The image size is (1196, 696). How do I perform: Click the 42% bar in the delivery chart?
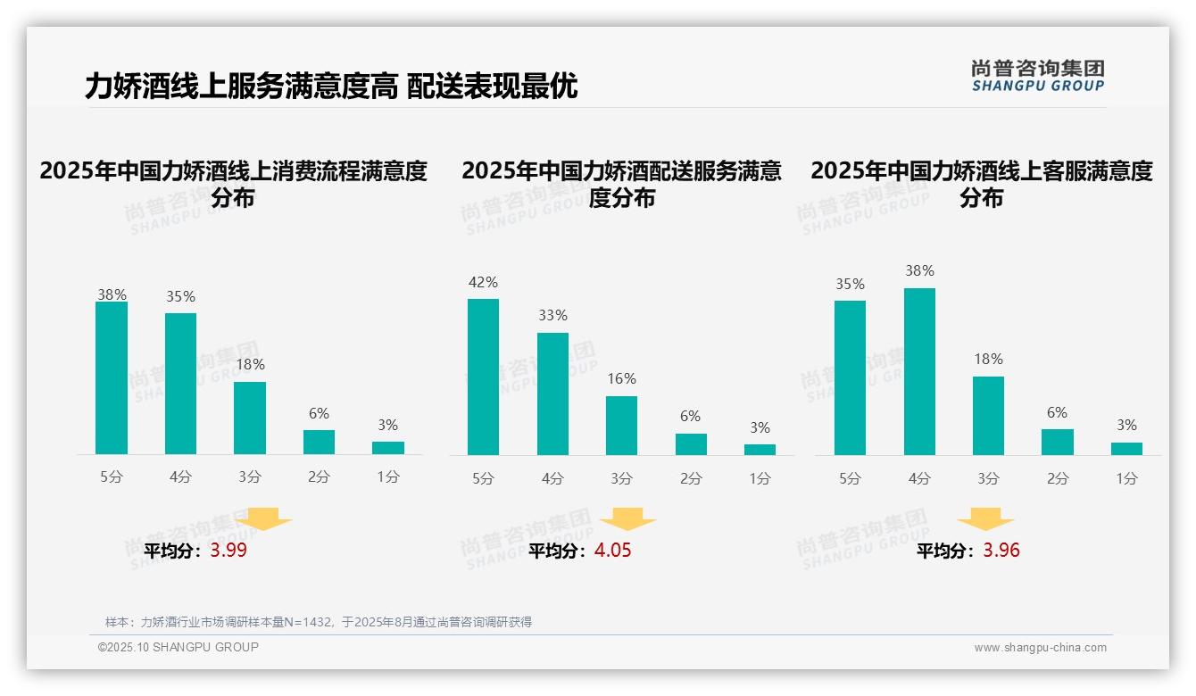483,377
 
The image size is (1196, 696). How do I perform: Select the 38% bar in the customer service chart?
919,371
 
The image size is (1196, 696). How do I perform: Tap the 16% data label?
621,379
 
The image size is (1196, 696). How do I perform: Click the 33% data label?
552,316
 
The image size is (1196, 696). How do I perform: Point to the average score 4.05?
612,551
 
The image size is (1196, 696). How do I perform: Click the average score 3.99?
228,551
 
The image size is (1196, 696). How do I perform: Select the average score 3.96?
1001,551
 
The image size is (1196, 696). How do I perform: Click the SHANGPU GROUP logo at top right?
1037,76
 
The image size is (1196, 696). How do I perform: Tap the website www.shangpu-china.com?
1040,648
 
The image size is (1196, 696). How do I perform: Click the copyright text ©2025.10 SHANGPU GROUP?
179,647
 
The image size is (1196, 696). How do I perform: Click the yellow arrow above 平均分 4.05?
627,519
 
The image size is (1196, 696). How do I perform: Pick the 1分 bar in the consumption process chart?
387,448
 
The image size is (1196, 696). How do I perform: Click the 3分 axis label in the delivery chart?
621,479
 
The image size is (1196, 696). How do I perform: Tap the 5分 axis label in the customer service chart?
850,479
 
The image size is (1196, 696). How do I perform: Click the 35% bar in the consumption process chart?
180,384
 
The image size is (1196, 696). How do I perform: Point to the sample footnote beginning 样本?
318,622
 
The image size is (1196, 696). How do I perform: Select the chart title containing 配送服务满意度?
621,183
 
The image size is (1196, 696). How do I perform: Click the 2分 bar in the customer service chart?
1057,442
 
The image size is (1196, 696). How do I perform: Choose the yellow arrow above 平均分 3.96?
985,519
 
